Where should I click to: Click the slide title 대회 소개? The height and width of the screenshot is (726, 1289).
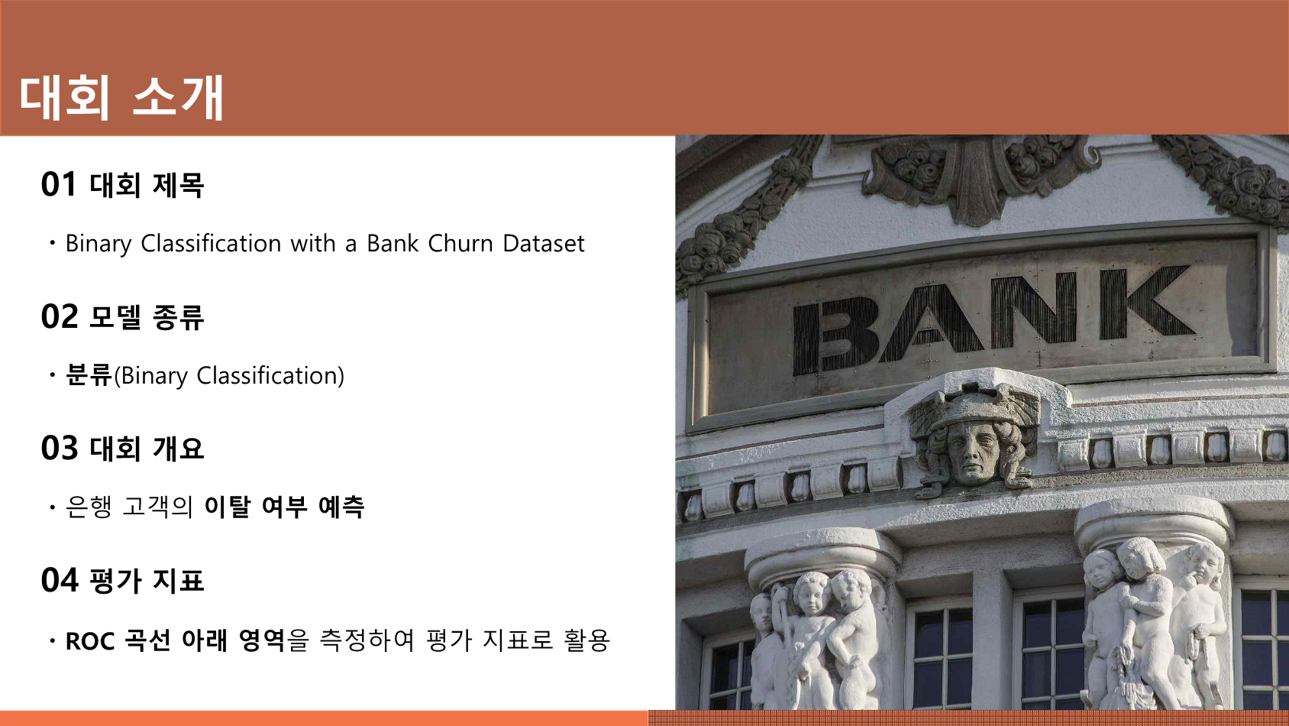click(121, 98)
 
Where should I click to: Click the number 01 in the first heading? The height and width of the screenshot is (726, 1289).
click(59, 185)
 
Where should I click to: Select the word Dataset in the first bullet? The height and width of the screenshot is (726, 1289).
click(543, 244)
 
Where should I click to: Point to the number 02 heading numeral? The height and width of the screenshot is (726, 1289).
click(60, 316)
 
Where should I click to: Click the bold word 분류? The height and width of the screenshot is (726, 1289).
click(89, 375)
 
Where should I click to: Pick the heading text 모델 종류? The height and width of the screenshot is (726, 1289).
click(147, 317)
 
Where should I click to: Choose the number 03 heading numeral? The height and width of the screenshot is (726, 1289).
click(60, 448)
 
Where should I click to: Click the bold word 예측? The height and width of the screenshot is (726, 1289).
click(341, 507)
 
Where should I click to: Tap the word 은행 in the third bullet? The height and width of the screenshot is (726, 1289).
click(89, 507)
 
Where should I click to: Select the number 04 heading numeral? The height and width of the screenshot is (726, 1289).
click(60, 580)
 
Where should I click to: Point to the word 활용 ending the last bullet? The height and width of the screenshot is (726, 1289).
click(587, 640)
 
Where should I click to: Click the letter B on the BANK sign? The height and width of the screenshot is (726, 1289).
click(835, 335)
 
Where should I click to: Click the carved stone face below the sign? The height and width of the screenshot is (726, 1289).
click(973, 452)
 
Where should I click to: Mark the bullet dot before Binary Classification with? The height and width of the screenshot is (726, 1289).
click(53, 244)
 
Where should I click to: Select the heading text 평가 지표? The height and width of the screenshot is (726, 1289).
click(147, 580)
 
